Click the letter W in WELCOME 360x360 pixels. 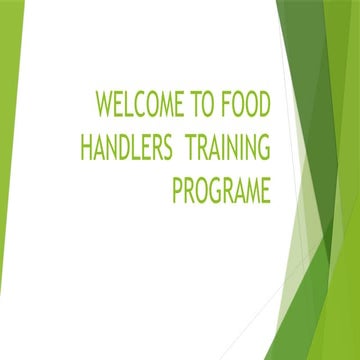point(103,106)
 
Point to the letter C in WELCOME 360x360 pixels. point(147,106)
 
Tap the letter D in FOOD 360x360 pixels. point(265,106)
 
